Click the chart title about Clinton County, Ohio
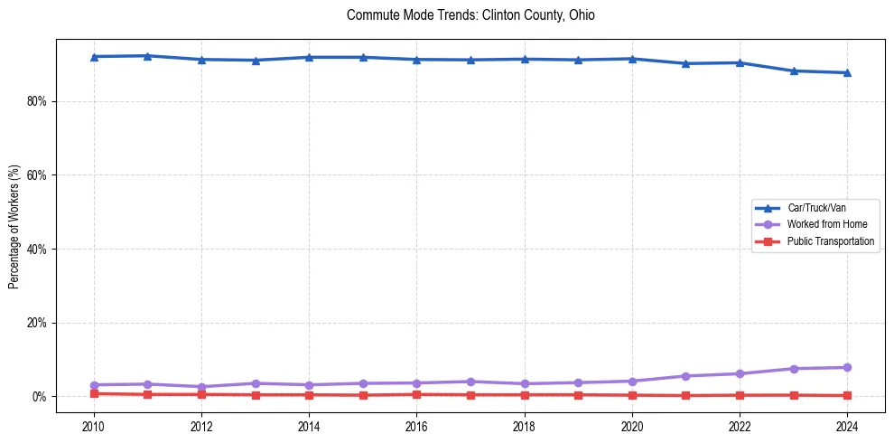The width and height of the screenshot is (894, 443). tap(470, 15)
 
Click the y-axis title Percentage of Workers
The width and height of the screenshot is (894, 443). tap(14, 227)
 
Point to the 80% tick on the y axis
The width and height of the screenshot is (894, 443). tap(37, 101)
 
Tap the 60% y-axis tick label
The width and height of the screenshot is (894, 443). tap(37, 175)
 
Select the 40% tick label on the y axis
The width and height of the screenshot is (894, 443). tap(37, 250)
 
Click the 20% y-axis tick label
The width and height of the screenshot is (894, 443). tap(37, 323)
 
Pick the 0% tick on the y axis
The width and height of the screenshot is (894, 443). tap(40, 397)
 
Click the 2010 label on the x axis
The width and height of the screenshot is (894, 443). tap(94, 426)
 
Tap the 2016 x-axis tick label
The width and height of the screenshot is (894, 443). tap(416, 426)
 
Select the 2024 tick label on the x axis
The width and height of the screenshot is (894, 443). tap(847, 426)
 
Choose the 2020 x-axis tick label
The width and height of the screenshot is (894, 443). tap(632, 426)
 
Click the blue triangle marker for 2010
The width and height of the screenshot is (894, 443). tap(94, 57)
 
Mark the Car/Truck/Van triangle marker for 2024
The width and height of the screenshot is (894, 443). tap(847, 72)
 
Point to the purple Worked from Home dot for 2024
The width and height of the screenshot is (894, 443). tap(847, 367)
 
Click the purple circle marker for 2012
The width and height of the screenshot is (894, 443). tap(201, 387)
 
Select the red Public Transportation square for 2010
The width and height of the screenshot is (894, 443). tap(94, 393)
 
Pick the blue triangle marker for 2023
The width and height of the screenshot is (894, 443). tap(794, 71)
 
